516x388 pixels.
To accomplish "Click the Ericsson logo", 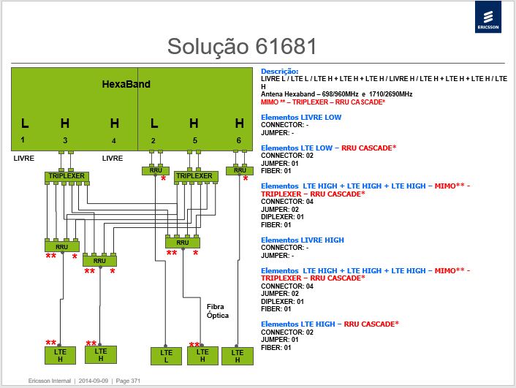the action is pyautogui.click(x=488, y=17).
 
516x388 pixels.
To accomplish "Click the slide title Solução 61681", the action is pyautogui.click(x=242, y=47).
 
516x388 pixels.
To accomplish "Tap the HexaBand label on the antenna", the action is pyautogui.click(x=126, y=84).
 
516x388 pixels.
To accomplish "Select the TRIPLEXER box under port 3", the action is pyautogui.click(x=67, y=176).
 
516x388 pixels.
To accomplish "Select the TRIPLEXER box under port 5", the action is pyautogui.click(x=196, y=176).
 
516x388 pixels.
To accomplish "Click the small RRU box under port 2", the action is pyautogui.click(x=156, y=170).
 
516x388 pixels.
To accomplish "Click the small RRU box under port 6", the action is pyautogui.click(x=240, y=170).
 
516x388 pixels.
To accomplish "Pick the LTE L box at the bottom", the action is pyautogui.click(x=166, y=356).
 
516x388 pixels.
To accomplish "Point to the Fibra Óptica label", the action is pyautogui.click(x=218, y=311).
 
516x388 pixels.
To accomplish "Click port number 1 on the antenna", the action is pyautogui.click(x=23, y=140).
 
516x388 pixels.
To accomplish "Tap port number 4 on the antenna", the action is pyautogui.click(x=113, y=141).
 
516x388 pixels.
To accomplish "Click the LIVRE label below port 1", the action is pyautogui.click(x=24, y=159).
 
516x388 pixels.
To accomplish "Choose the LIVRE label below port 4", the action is pyautogui.click(x=113, y=159).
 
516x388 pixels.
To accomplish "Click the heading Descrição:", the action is pyautogui.click(x=280, y=72).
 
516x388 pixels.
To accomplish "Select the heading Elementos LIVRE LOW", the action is pyautogui.click(x=301, y=117).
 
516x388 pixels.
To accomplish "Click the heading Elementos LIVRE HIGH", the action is pyautogui.click(x=303, y=240).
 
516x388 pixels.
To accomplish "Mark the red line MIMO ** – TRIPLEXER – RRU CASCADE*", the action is pyautogui.click(x=323, y=102).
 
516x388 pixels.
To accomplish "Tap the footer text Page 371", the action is pyautogui.click(x=128, y=381).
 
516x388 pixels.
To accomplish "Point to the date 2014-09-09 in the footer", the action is pyautogui.click(x=94, y=381).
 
